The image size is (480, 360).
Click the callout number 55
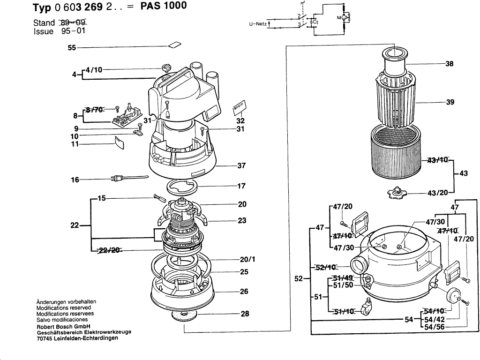pyautogui.click(x=72, y=47)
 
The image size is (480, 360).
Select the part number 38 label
pyautogui.click(x=449, y=64)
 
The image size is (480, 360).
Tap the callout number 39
pyautogui.click(x=450, y=102)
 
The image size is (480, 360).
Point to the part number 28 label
pyautogui.click(x=245, y=314)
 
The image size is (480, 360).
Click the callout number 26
pyautogui.click(x=244, y=292)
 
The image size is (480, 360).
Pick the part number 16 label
pyautogui.click(x=75, y=180)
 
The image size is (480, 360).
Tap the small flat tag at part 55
pyautogui.click(x=175, y=45)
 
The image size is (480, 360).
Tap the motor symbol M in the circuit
pyautogui.click(x=343, y=17)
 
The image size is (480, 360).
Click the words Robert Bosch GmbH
pyautogui.click(x=63, y=326)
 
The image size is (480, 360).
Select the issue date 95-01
pyautogui.click(x=74, y=31)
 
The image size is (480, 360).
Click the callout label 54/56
pyautogui.click(x=434, y=326)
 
